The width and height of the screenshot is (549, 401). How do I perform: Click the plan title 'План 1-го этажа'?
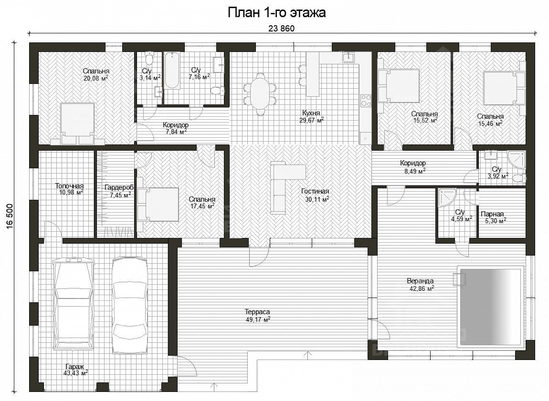[x=276, y=12]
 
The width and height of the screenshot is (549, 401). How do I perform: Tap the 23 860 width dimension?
[x=282, y=29]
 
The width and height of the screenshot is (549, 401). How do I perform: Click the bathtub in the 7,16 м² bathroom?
[x=171, y=70]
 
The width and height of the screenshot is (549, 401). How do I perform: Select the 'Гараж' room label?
[x=74, y=367]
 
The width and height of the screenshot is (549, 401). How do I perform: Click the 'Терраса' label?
[x=257, y=312]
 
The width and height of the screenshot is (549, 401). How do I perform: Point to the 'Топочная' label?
[x=69, y=186]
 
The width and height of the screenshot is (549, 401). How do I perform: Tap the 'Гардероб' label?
[x=119, y=188]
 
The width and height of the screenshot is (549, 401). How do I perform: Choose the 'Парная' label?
[x=492, y=214]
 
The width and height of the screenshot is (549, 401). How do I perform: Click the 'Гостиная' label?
[x=315, y=191]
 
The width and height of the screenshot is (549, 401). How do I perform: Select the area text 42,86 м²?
[x=422, y=288]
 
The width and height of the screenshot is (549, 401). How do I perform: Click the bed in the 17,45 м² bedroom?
[x=158, y=204]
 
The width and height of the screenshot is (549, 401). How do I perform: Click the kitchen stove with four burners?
[x=366, y=100]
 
